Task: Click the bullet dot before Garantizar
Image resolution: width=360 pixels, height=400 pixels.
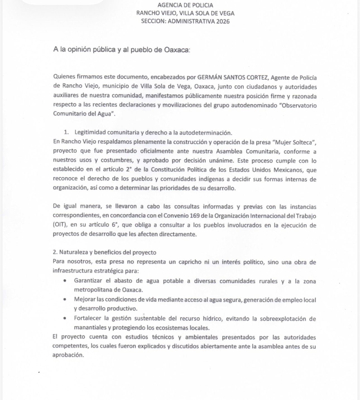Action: point(65,281)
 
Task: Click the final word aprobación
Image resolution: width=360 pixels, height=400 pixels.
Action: point(68,355)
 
